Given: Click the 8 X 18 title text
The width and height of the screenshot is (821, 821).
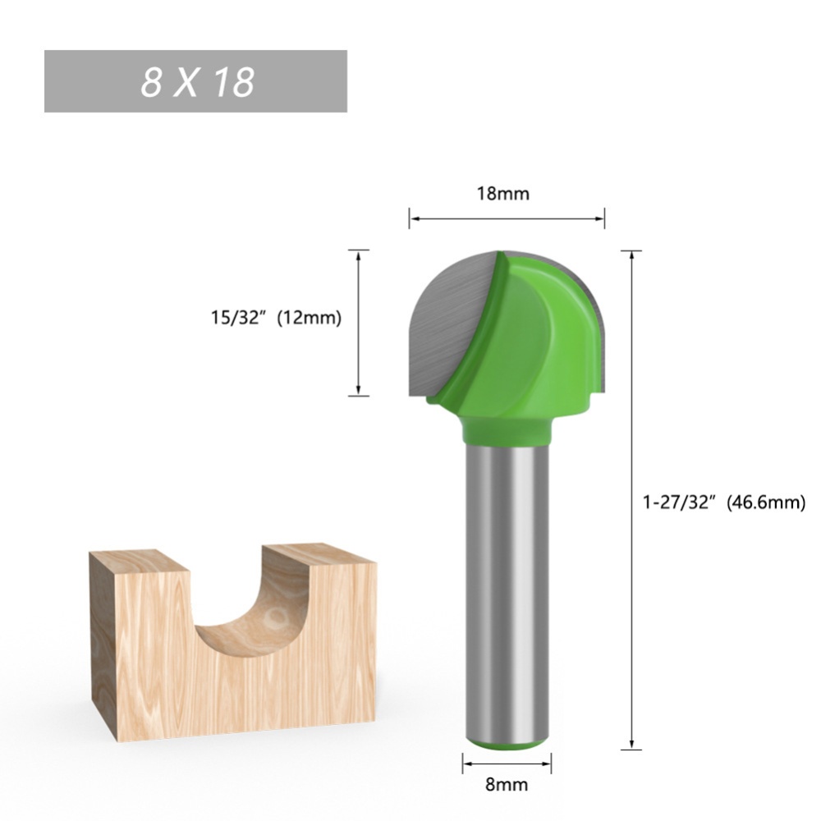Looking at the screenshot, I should [x=197, y=82].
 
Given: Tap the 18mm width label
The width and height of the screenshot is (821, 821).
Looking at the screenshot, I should [x=503, y=194].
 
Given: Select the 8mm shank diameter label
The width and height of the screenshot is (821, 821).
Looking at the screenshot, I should [x=506, y=785].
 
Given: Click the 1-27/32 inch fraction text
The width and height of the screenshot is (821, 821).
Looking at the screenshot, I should [x=680, y=502].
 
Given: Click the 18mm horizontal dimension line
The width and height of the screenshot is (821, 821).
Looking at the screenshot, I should [x=507, y=219].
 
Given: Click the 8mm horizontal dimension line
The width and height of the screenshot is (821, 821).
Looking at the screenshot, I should [x=506, y=761].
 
